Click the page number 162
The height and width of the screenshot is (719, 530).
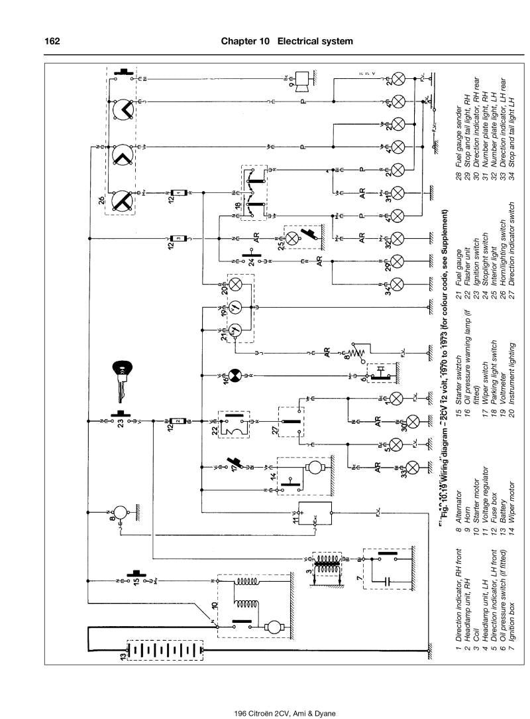pyautogui.click(x=52, y=41)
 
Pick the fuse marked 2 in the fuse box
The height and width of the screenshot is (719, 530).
pyautogui.click(x=178, y=421)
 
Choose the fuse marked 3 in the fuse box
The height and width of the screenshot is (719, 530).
pyautogui.click(x=178, y=237)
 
